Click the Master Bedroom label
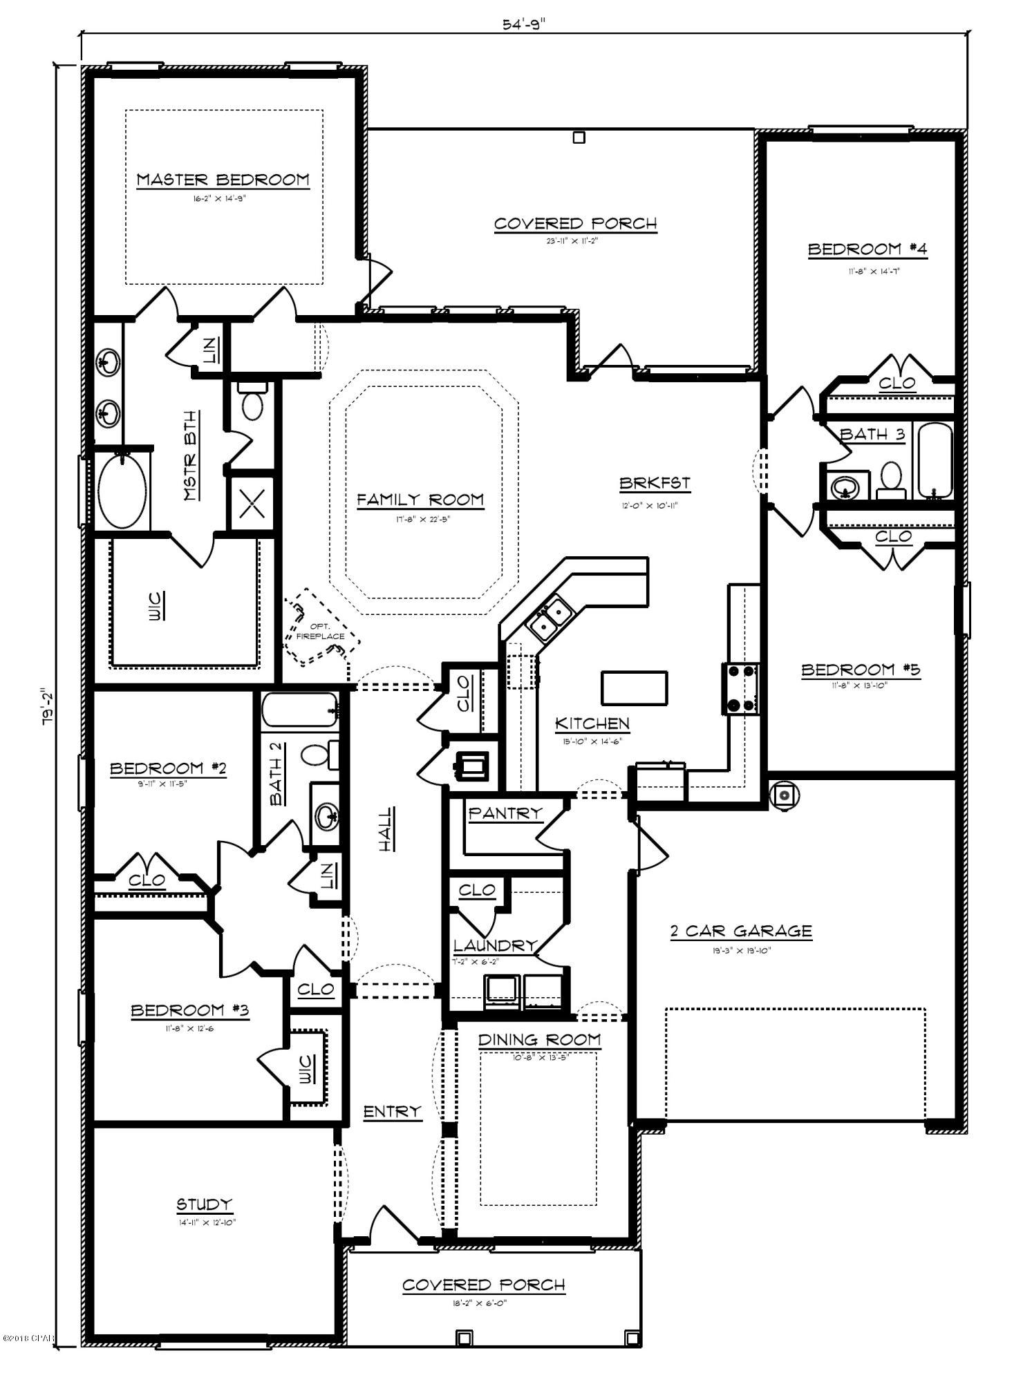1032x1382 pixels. click(x=223, y=180)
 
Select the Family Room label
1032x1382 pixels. click(x=420, y=500)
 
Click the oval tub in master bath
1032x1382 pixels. click(x=122, y=491)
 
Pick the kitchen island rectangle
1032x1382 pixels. click(x=634, y=688)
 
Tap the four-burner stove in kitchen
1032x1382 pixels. click(x=741, y=688)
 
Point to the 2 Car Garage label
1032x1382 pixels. click(x=741, y=931)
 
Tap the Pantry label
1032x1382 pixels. click(x=505, y=813)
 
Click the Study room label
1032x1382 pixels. click(x=204, y=1204)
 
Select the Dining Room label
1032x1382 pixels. click(x=539, y=1040)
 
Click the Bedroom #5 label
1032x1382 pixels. click(x=861, y=670)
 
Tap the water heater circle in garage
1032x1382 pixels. click(x=784, y=796)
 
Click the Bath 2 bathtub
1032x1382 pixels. click(x=300, y=710)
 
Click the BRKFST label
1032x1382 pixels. click(x=654, y=484)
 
